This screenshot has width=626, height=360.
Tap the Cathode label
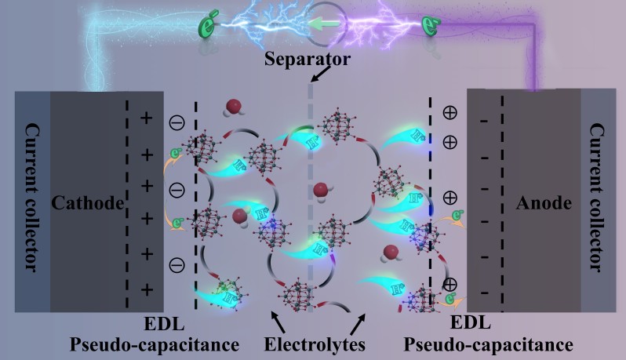point(88,204)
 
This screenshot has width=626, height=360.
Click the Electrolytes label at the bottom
point(312,344)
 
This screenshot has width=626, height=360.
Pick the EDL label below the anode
point(471,323)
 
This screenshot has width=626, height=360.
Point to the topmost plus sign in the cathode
point(147,118)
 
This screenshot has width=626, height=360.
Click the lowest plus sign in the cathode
point(147,289)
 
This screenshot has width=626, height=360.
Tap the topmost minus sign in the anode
point(483,120)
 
